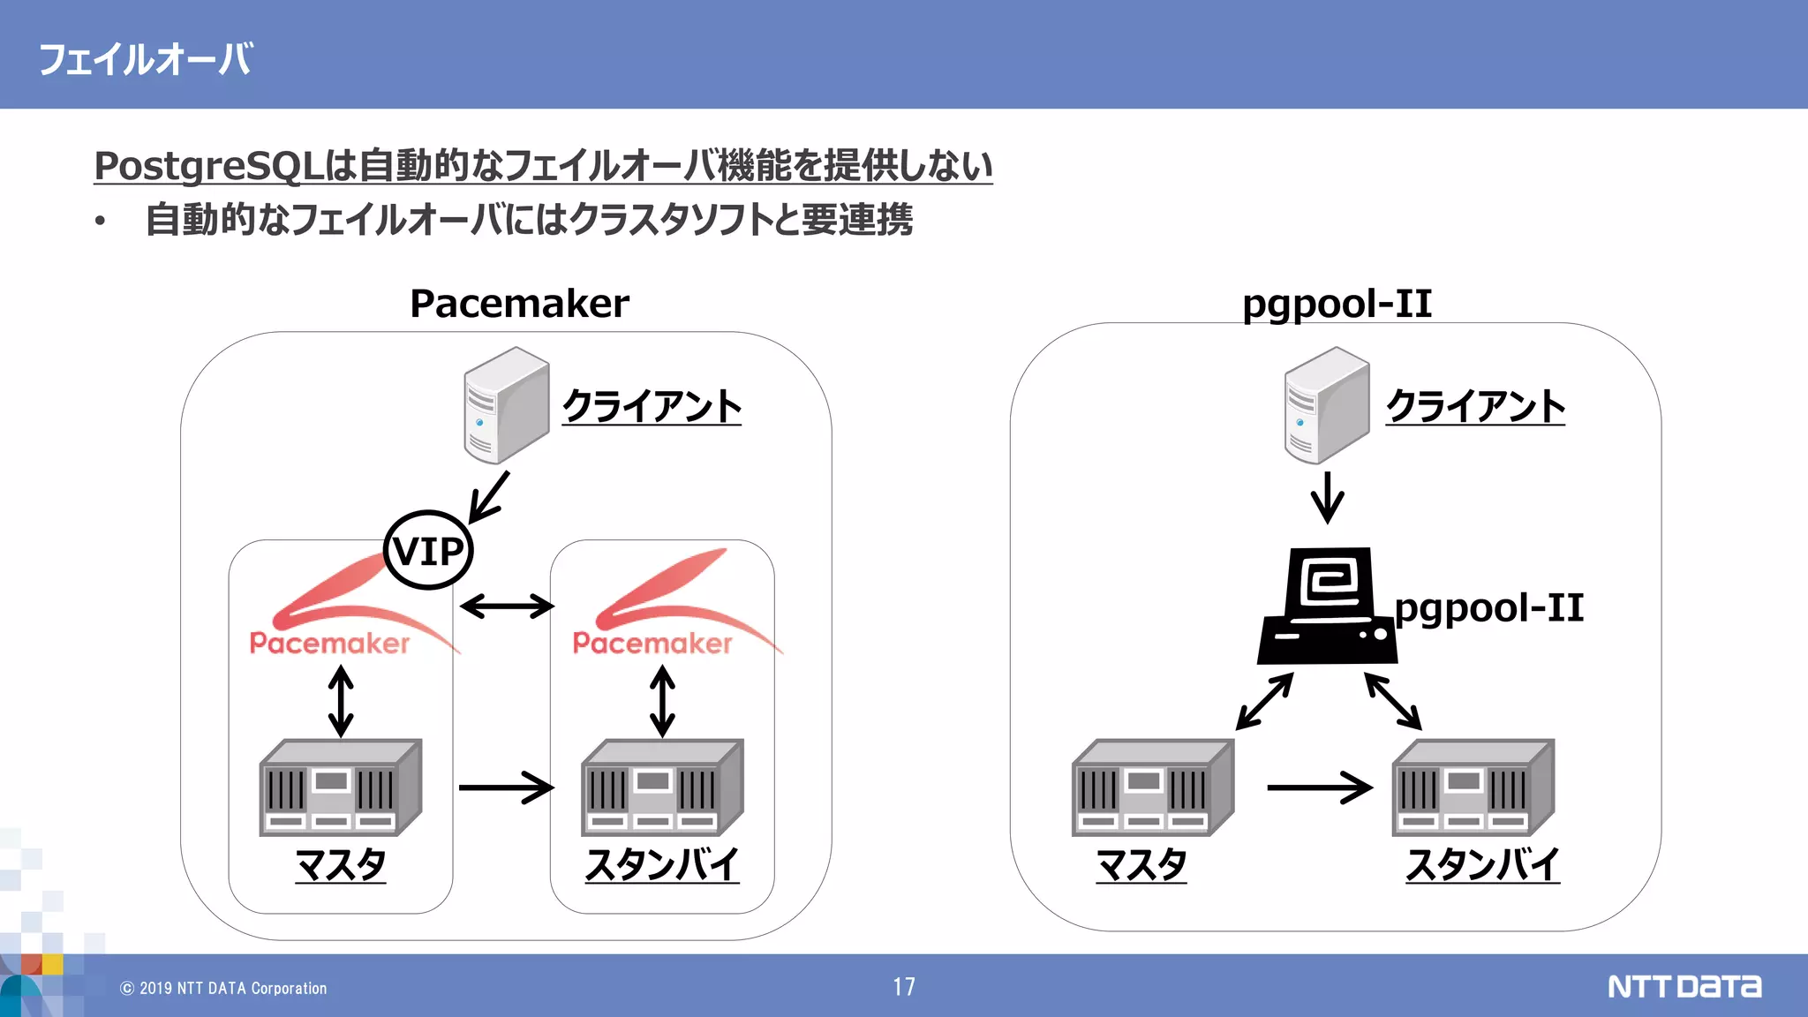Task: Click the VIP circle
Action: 428,550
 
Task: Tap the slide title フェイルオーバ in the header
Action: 146,60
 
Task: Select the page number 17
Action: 903,987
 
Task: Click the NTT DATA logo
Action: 1684,986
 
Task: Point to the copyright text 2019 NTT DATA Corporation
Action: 224,989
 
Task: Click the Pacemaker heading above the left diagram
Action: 519,304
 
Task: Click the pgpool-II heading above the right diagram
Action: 1336,304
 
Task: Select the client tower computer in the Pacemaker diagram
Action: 506,405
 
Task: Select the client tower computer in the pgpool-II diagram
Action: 1326,405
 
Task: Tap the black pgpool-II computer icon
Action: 1327,607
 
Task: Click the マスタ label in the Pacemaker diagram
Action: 340,864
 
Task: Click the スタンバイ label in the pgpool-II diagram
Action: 1482,864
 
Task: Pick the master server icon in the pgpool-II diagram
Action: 1152,788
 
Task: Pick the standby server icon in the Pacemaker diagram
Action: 662,788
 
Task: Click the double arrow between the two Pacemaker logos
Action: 507,606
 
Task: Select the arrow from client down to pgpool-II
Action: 1327,497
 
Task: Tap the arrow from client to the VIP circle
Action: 490,496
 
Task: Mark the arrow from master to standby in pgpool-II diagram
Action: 1319,787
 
